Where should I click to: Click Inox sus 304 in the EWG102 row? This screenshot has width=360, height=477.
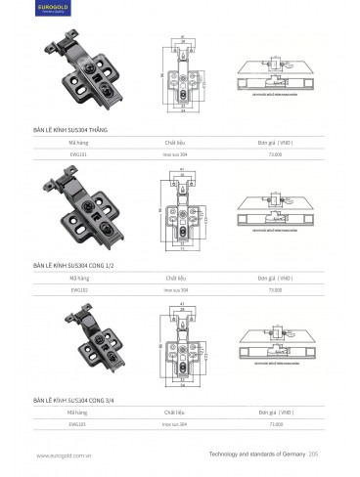coord(176,289)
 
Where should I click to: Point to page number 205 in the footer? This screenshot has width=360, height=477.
coord(314,455)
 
